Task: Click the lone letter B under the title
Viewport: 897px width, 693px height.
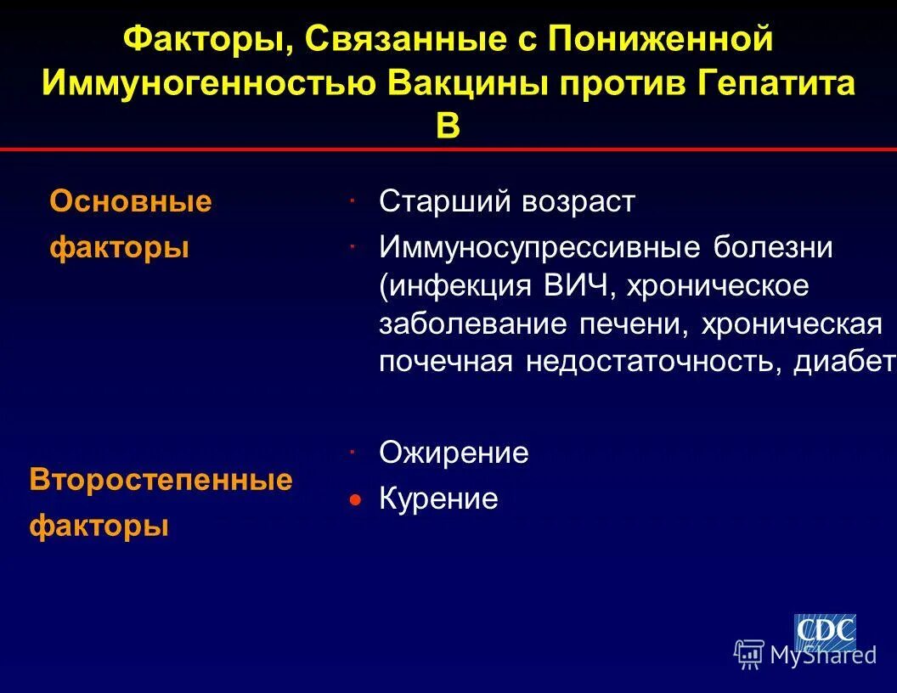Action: coord(448,127)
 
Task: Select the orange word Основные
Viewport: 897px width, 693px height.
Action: coord(131,202)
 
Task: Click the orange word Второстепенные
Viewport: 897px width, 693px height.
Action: coord(161,480)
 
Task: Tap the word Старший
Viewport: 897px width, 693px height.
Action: coord(444,202)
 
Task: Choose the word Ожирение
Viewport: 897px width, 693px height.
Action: coord(454,453)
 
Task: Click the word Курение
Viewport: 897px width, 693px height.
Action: coord(438,499)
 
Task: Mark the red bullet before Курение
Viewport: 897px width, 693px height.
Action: coord(357,499)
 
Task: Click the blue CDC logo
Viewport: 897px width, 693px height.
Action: coord(824,631)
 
